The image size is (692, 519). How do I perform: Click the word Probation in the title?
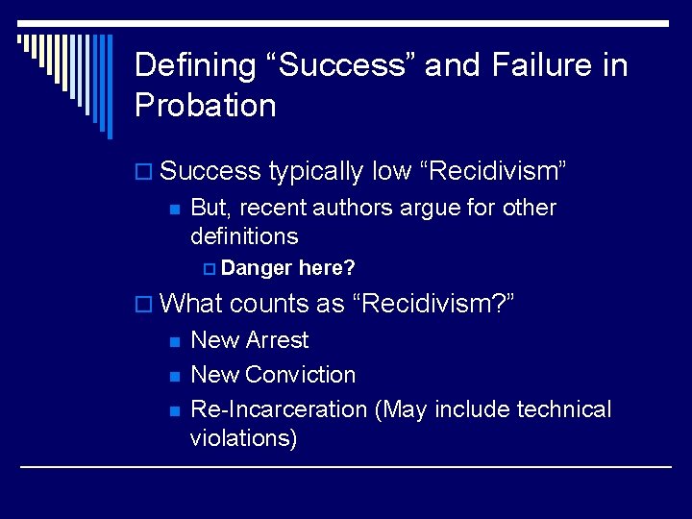point(205,105)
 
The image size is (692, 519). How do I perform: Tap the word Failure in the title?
point(529,65)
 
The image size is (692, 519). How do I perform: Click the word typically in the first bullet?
point(316,172)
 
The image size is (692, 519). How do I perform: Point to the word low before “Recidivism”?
point(392,171)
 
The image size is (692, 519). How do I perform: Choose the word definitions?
point(244,235)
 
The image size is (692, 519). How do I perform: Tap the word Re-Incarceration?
point(279,409)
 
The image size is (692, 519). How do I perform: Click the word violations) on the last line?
point(244,439)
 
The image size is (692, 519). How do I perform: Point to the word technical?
point(563,409)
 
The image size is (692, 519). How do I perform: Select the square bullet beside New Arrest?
point(174,341)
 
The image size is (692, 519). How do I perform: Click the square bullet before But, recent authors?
point(174,209)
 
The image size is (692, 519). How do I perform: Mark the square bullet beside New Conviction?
point(174,376)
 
